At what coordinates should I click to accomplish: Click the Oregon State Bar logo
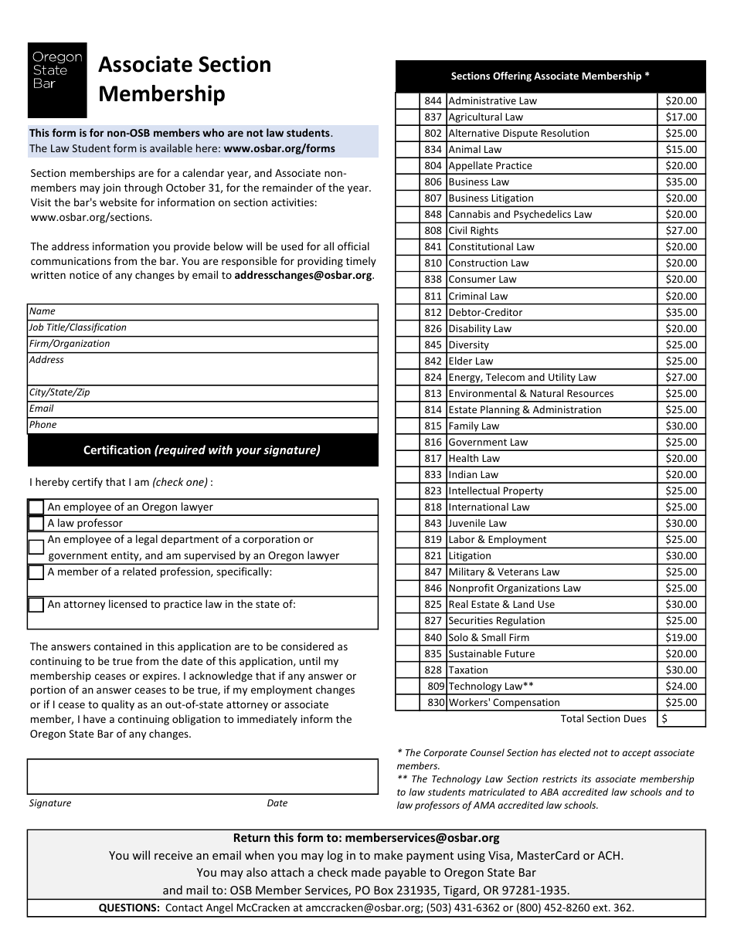click(x=57, y=80)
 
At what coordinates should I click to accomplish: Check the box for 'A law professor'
click(x=36, y=524)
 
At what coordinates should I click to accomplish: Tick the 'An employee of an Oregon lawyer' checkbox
click(x=36, y=507)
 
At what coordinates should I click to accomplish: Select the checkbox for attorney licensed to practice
click(x=36, y=605)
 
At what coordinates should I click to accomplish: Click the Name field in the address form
click(x=202, y=311)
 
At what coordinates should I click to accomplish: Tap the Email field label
click(x=42, y=409)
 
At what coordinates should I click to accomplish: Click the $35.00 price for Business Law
click(x=681, y=182)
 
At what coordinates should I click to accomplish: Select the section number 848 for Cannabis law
click(x=433, y=215)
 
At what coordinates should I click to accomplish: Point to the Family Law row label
click(x=474, y=426)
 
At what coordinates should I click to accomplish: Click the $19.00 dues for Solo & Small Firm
click(x=681, y=638)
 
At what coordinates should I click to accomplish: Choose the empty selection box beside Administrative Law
click(x=407, y=101)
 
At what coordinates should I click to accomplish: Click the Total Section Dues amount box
click(x=681, y=719)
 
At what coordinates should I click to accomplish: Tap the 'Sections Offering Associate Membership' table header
click(x=550, y=76)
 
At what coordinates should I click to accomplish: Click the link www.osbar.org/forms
click(x=280, y=148)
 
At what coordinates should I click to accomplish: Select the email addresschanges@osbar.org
click(x=304, y=276)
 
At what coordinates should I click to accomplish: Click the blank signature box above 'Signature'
click(x=202, y=776)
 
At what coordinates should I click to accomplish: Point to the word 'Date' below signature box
click(x=277, y=803)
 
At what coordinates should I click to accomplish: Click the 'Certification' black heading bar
click(x=202, y=450)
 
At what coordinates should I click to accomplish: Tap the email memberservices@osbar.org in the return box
click(x=423, y=838)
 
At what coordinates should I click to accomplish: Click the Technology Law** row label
click(x=491, y=687)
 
